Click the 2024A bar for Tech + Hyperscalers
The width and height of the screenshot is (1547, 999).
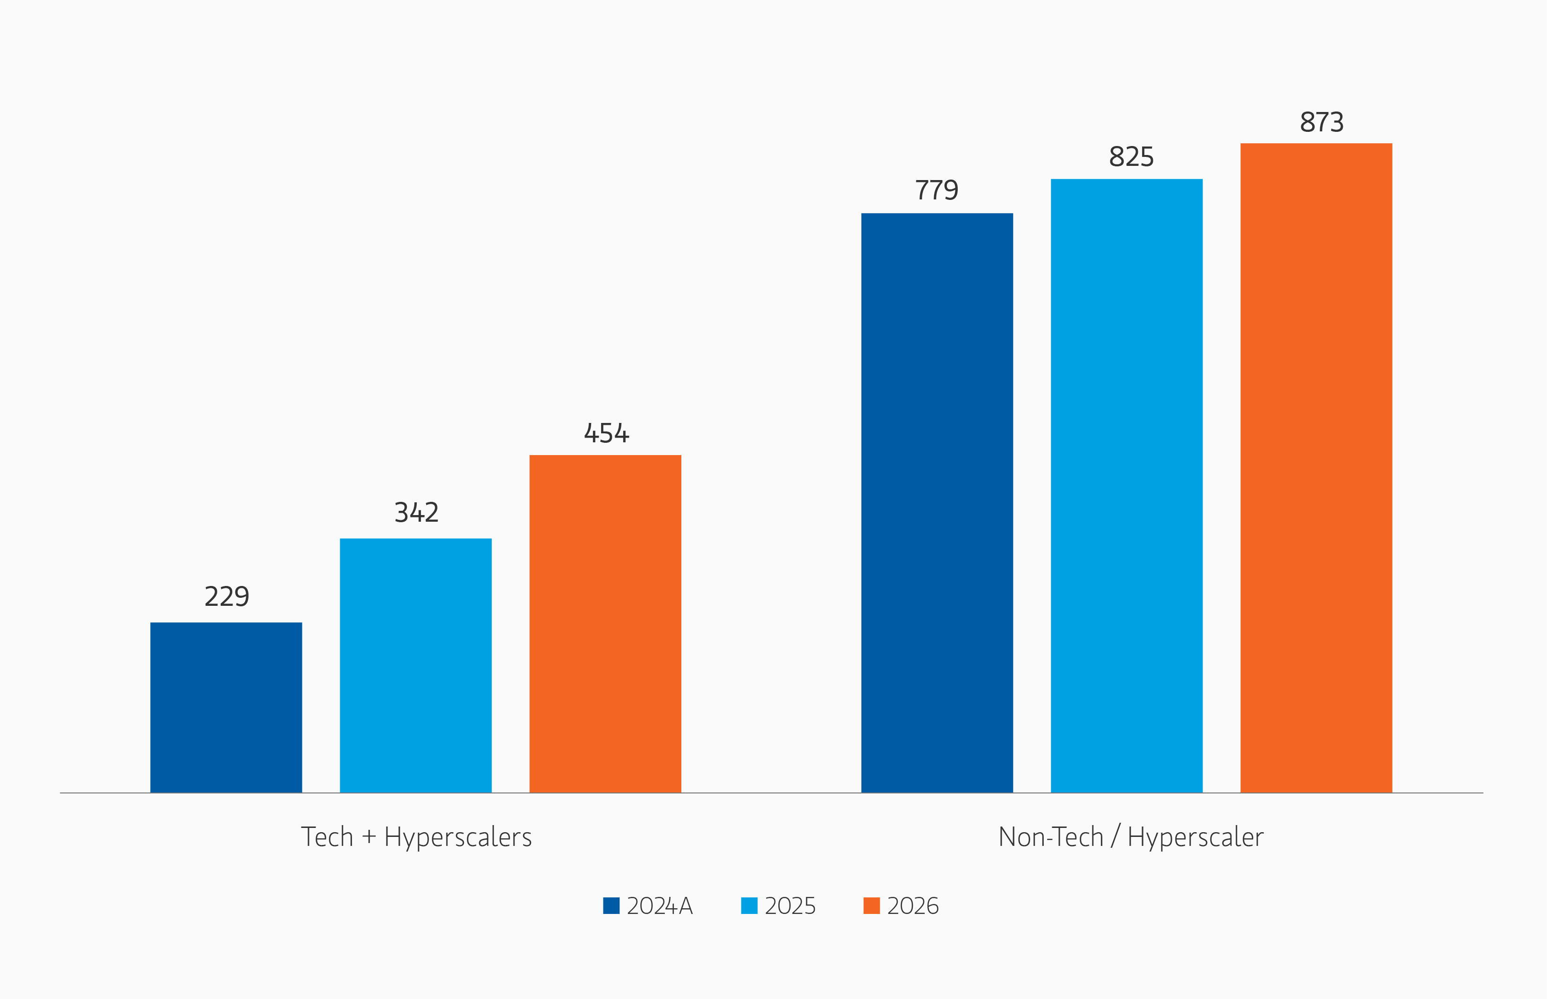pyautogui.click(x=226, y=707)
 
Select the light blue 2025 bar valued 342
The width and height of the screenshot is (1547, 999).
pyautogui.click(x=415, y=665)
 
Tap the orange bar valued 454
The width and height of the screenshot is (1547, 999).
pyautogui.click(x=605, y=623)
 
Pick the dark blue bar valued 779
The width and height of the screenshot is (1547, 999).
pyautogui.click(x=937, y=503)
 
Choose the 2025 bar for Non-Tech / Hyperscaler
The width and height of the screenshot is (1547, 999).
pyautogui.click(x=1126, y=485)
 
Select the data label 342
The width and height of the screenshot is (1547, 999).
pyautogui.click(x=416, y=512)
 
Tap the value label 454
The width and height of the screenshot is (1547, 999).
pyautogui.click(x=607, y=433)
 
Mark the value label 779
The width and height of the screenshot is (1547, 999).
pyautogui.click(x=937, y=190)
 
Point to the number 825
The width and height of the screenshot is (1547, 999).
pyautogui.click(x=1131, y=157)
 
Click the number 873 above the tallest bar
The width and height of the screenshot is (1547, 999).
pyautogui.click(x=1321, y=122)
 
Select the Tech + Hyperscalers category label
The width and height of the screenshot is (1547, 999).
pyautogui.click(x=416, y=837)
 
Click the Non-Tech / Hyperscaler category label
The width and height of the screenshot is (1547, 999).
pyautogui.click(x=1131, y=837)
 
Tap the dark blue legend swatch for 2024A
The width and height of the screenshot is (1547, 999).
pyautogui.click(x=611, y=905)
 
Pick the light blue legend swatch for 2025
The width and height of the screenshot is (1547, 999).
pyautogui.click(x=749, y=905)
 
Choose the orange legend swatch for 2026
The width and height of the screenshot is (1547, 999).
pyautogui.click(x=871, y=905)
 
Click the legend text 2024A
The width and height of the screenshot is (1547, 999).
pyautogui.click(x=660, y=905)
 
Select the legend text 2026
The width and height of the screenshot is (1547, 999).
pyautogui.click(x=912, y=905)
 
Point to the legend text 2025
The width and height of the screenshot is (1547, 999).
pyautogui.click(x=790, y=905)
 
